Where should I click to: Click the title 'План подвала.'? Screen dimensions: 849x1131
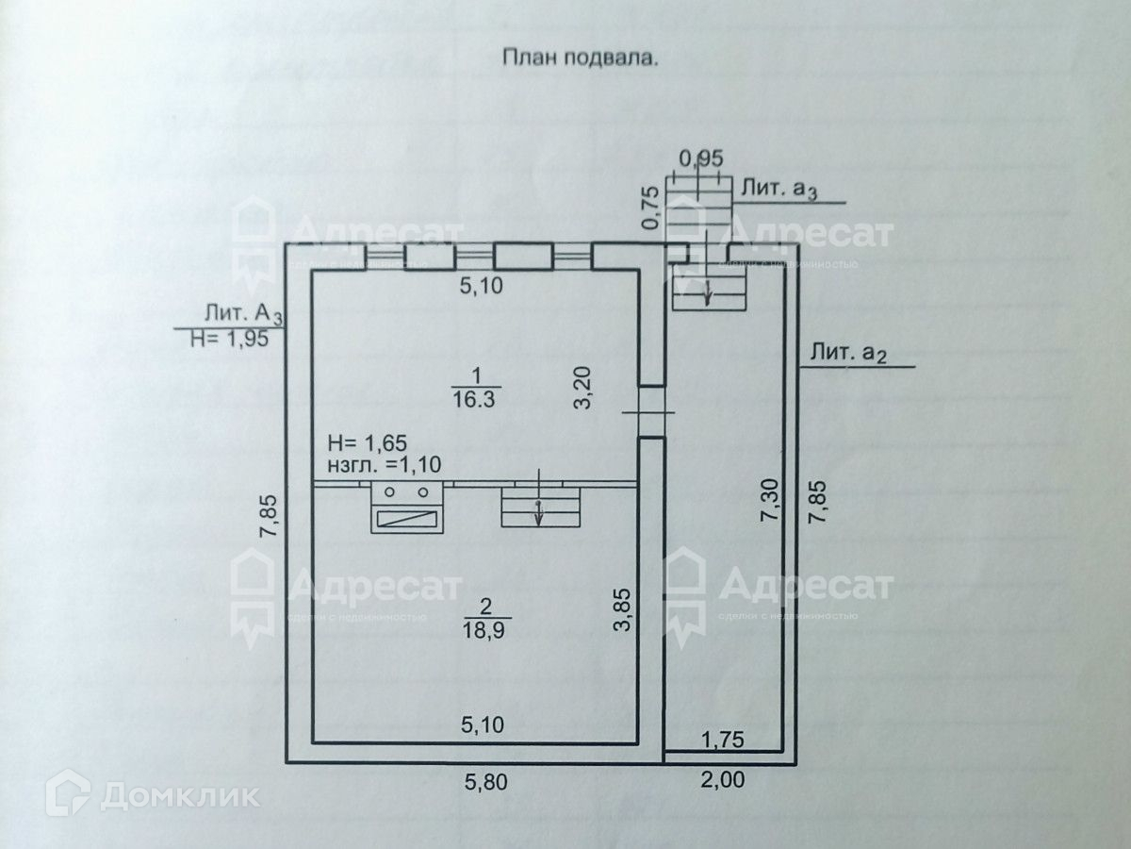pyautogui.click(x=578, y=58)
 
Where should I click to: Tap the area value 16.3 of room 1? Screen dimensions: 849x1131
pyautogui.click(x=477, y=398)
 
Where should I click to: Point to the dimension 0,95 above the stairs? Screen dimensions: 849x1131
pyautogui.click(x=700, y=158)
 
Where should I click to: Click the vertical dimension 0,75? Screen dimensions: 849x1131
pyautogui.click(x=649, y=208)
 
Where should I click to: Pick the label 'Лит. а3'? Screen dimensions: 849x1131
pyautogui.click(x=779, y=189)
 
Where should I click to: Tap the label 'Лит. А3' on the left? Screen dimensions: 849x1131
pyautogui.click(x=242, y=314)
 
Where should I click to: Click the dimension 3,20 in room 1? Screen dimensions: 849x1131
pyautogui.click(x=583, y=387)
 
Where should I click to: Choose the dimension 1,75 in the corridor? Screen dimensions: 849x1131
pyautogui.click(x=724, y=741)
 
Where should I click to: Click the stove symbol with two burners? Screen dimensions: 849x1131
pyautogui.click(x=407, y=508)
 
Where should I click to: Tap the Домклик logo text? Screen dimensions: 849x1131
pyautogui.click(x=179, y=796)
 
